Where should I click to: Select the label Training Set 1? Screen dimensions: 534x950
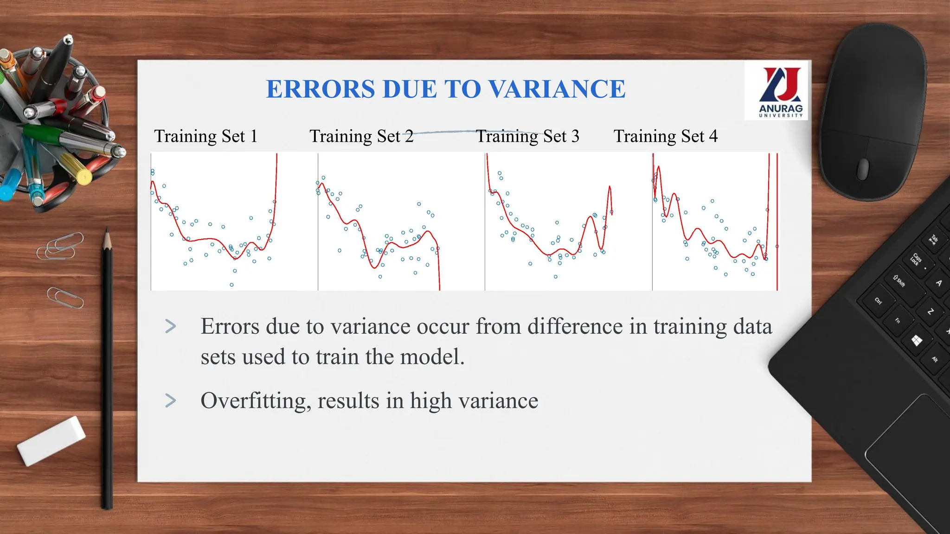[x=205, y=136]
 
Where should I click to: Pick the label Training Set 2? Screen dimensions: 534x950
[x=361, y=136]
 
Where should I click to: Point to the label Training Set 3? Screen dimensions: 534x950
[x=527, y=136]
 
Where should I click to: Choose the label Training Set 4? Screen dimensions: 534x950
[x=665, y=136]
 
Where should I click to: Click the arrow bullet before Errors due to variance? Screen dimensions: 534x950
[x=171, y=327]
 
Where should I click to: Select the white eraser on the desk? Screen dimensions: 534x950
[x=51, y=440]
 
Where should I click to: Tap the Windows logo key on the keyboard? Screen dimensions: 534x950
[x=917, y=341]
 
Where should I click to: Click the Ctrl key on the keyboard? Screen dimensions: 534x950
[x=878, y=301]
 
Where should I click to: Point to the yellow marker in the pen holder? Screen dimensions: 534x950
[x=77, y=170]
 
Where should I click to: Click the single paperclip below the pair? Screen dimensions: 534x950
[x=65, y=298]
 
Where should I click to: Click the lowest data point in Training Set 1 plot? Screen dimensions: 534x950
[x=231, y=285]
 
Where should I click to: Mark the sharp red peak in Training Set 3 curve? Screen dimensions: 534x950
[x=610, y=187]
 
